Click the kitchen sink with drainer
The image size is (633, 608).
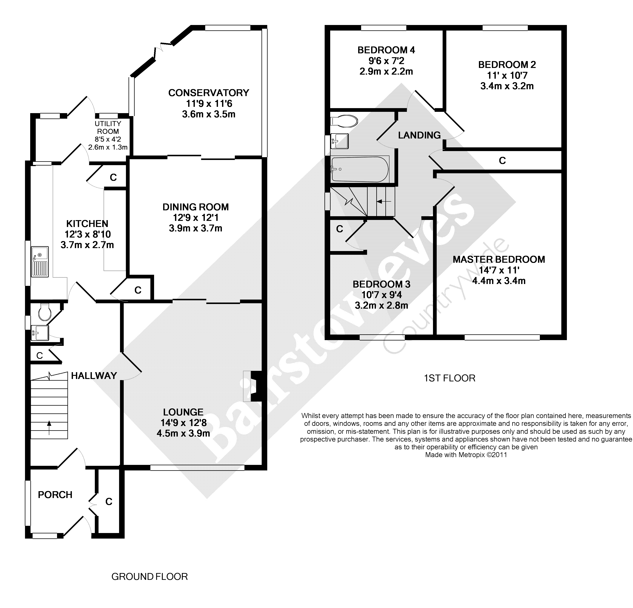pyautogui.click(x=40, y=262)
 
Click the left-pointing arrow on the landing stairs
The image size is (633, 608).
pyautogui.click(x=384, y=201)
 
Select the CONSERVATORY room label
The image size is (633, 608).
pyautogui.click(x=209, y=93)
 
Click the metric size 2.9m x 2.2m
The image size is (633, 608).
pyautogui.click(x=386, y=71)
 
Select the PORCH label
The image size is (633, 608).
pyautogui.click(x=55, y=495)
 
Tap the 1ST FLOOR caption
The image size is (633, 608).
pyautogui.click(x=449, y=378)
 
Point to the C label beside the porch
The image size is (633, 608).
pyautogui.click(x=109, y=501)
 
